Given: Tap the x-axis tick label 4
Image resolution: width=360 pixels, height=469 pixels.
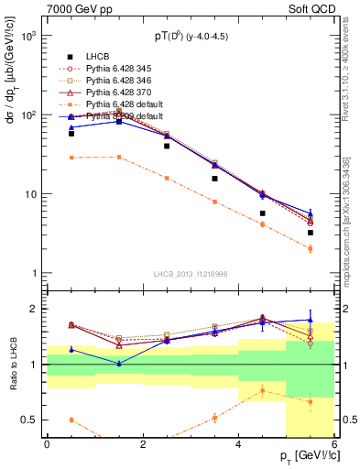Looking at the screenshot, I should click(x=238, y=443).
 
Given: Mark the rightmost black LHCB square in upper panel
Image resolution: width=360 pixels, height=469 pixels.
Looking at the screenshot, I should click(x=311, y=233).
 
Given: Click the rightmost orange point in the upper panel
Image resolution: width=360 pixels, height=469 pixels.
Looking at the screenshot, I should click(x=311, y=248).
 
